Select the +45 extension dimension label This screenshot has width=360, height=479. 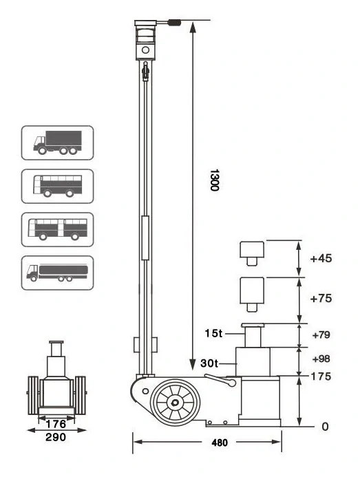[321, 259]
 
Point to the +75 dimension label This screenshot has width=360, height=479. [321, 299]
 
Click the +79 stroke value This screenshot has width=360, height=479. [321, 335]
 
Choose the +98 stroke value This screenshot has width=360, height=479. [321, 359]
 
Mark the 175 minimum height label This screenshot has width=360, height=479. [321, 376]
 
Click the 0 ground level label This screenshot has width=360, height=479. [324, 427]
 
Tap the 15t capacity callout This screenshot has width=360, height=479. [215, 334]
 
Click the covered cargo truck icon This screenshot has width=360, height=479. [57, 143]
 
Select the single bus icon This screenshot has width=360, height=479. [57, 186]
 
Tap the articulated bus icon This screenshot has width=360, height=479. [57, 229]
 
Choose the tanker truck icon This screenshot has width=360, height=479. [57, 273]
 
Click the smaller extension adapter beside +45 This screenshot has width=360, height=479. [251, 253]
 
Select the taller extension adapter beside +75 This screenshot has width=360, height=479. [251, 292]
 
